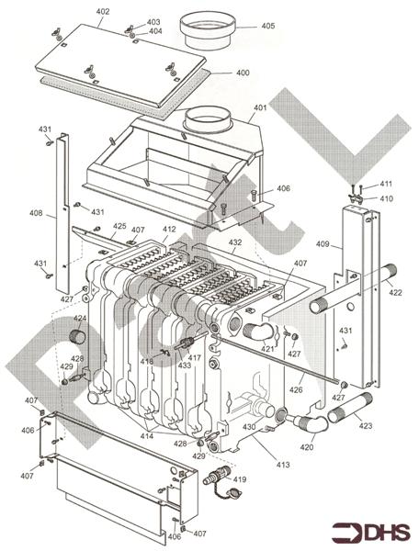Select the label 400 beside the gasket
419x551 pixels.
click(x=243, y=73)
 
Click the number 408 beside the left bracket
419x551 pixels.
click(x=36, y=214)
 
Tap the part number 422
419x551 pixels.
click(x=395, y=293)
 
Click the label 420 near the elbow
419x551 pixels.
click(x=306, y=447)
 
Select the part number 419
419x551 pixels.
click(x=239, y=479)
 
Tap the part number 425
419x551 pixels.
click(x=119, y=226)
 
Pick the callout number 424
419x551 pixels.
click(x=80, y=319)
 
